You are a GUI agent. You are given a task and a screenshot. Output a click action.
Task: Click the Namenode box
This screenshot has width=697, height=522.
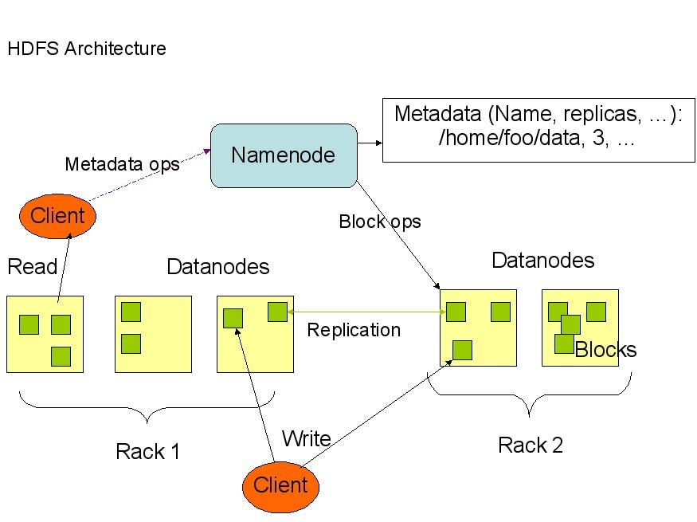(283, 155)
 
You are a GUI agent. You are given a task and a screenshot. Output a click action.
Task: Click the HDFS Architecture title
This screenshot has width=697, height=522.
(87, 49)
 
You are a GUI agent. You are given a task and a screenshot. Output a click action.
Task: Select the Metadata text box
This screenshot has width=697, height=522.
(538, 130)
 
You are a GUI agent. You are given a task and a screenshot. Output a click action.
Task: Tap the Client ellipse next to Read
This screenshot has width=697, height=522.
(57, 215)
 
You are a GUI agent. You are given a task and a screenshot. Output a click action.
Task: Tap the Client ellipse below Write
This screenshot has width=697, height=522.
(280, 485)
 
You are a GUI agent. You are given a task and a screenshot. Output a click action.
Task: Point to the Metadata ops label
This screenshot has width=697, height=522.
(122, 165)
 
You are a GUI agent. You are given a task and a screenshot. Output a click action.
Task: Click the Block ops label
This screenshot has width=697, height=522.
(379, 222)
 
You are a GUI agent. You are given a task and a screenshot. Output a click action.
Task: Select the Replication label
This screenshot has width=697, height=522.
(354, 330)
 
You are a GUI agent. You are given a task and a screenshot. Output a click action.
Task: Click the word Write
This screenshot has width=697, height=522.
(306, 438)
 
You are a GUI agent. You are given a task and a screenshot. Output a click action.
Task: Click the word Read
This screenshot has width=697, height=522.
(32, 266)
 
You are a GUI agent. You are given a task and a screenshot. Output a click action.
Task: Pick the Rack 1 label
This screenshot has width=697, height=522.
(148, 452)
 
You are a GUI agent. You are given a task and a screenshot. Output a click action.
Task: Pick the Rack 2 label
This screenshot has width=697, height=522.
(531, 445)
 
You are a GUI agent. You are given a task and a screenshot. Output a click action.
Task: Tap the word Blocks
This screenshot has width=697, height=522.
(605, 350)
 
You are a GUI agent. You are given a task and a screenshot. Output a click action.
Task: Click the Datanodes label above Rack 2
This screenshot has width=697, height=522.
(543, 261)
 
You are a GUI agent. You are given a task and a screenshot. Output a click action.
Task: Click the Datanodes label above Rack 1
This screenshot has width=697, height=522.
(217, 266)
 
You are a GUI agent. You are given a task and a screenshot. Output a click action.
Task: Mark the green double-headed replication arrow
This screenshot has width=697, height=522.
(366, 312)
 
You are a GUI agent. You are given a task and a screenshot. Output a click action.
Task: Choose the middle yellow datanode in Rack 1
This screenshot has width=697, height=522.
(153, 334)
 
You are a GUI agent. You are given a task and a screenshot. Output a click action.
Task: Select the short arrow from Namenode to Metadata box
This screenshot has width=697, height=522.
(369, 143)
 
